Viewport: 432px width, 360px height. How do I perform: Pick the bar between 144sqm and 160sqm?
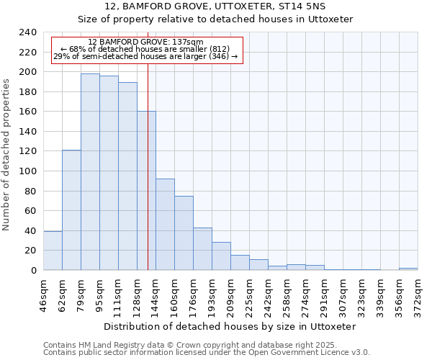[165, 224]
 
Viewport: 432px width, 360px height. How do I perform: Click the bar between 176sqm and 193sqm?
[202, 248]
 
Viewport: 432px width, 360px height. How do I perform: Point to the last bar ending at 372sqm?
[408, 269]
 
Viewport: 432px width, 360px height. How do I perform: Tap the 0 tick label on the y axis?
[34, 270]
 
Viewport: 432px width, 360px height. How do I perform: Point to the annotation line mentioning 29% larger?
[145, 56]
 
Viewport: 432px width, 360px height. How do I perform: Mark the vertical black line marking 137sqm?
[148, 180]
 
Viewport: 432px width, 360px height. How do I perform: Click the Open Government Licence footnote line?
[207, 353]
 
